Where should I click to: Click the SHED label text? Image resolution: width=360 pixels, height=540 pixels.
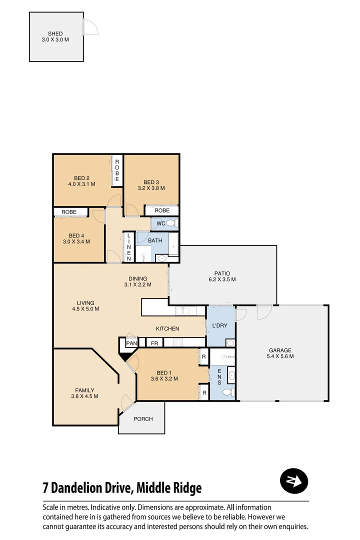click(55, 33)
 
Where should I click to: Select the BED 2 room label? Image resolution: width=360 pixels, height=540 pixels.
click(81, 178)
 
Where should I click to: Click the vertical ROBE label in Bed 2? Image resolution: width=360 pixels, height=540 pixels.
click(117, 170)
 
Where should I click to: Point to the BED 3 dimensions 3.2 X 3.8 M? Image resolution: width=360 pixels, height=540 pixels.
click(151, 188)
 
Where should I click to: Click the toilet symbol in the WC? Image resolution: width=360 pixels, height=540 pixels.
click(171, 223)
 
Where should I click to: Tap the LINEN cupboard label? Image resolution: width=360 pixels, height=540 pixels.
click(128, 247)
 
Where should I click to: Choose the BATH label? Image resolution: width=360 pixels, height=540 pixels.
click(155, 240)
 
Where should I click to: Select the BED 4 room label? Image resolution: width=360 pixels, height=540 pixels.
click(76, 235)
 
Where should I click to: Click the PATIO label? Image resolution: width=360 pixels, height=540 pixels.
click(222, 273)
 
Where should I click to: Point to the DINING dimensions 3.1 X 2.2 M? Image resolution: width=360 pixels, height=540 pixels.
click(137, 285)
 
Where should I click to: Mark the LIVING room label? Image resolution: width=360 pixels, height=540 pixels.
click(85, 302)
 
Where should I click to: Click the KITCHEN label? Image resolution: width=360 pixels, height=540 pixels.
click(167, 328)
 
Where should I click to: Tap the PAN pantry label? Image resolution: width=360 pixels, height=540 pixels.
click(131, 343)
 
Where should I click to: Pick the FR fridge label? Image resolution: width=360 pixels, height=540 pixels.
click(154, 343)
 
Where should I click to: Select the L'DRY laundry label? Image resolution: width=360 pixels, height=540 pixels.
click(220, 325)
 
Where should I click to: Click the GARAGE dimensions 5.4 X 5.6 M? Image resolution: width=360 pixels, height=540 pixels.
click(280, 356)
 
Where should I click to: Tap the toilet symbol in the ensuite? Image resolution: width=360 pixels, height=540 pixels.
click(228, 391)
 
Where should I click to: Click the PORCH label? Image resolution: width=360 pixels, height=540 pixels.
click(143, 419)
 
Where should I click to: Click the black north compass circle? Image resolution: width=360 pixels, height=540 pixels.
click(293, 481)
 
